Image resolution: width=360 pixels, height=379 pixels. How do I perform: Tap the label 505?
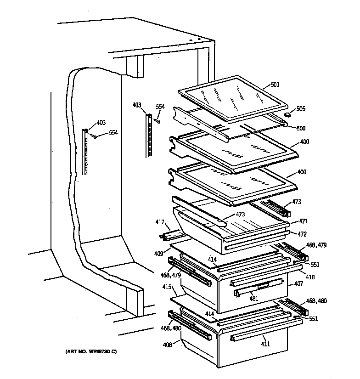click(301, 109)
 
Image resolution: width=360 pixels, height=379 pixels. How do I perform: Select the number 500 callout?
click(301, 128)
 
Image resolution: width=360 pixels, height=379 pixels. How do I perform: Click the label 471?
click(303, 221)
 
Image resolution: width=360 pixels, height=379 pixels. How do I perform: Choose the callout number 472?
click(302, 234)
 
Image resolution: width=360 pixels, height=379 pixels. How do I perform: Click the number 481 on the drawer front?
click(253, 298)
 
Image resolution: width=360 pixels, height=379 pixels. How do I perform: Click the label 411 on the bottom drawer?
click(265, 344)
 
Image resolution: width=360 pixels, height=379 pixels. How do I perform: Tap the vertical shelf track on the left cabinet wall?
click(86, 152)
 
